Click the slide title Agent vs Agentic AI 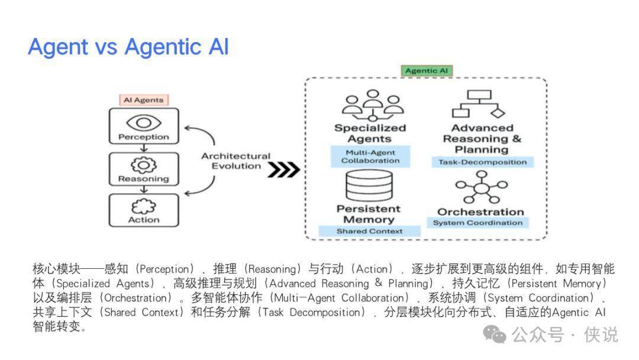[128, 47]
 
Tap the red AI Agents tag [143, 100]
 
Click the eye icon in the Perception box [143, 122]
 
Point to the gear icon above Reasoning [143, 164]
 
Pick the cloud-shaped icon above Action [143, 206]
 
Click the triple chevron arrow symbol [283, 170]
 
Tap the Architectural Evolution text [235, 161]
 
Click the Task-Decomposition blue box [483, 162]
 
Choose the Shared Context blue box [369, 231]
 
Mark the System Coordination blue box [477, 223]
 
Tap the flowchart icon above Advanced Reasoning [477, 105]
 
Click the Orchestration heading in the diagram [480, 211]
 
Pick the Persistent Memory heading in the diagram [369, 214]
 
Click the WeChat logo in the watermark [495, 335]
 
